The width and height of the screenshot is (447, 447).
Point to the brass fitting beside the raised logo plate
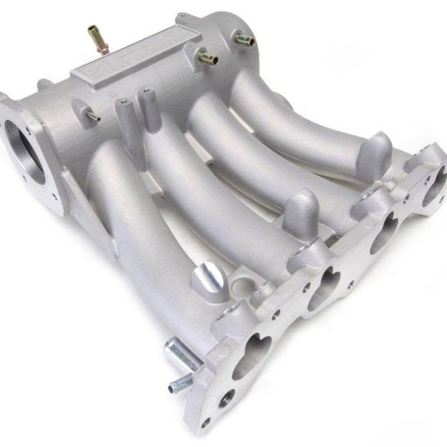pos(207,58)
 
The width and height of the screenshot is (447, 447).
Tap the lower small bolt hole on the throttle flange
pos(55,196)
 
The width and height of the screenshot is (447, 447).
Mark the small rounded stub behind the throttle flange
pos(44,84)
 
